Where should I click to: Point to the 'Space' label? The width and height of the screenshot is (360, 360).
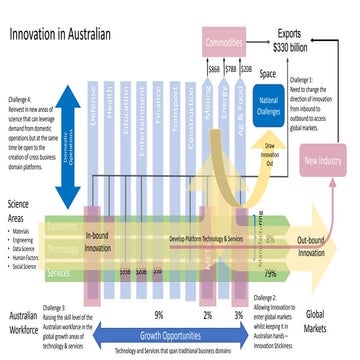(268, 75)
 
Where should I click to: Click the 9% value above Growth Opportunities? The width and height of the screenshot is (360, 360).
(158, 315)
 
